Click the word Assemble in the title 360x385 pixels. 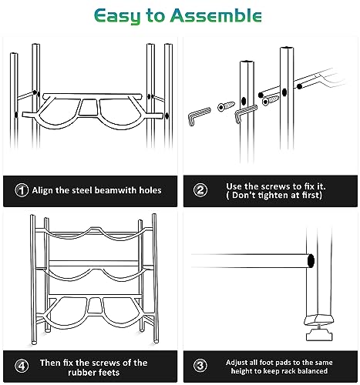click(x=216, y=15)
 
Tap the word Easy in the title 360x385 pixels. click(x=117, y=16)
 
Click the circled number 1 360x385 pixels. click(x=22, y=190)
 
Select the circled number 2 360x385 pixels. click(x=200, y=190)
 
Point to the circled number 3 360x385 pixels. click(x=200, y=366)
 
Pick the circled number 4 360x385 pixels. click(x=22, y=366)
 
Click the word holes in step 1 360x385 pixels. click(x=150, y=190)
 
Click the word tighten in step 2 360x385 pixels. click(x=273, y=195)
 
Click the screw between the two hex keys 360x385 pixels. click(x=226, y=106)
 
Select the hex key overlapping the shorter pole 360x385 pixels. click(x=245, y=112)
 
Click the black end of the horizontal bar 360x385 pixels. click(x=311, y=261)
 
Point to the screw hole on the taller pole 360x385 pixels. click(x=284, y=92)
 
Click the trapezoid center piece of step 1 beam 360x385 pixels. click(x=89, y=107)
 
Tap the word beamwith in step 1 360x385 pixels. click(x=115, y=190)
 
